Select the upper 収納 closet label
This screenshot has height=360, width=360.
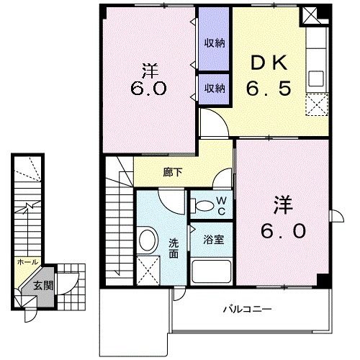pyautogui.click(x=213, y=42)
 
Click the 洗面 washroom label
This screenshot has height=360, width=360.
pyautogui.click(x=174, y=248)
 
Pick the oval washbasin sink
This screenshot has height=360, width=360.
pyautogui.click(x=148, y=240)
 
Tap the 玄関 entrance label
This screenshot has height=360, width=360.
pyautogui.click(x=43, y=285)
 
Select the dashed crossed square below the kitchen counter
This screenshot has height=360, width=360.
pyautogui.click(x=316, y=105)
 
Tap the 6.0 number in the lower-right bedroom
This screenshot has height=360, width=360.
pyautogui.click(x=282, y=231)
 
